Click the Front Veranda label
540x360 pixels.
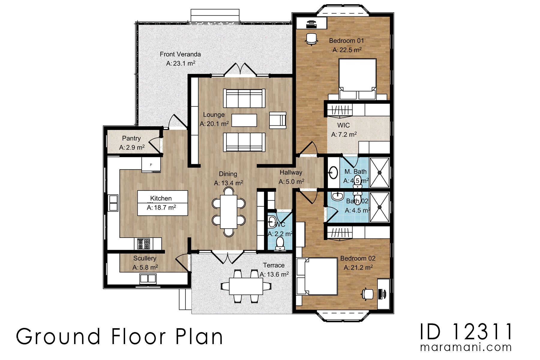(180, 54)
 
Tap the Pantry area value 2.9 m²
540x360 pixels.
(132, 147)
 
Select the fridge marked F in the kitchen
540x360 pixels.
(151, 165)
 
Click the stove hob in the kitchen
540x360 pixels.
(143, 244)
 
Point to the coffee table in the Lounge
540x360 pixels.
(244, 120)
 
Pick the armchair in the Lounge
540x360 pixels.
(277, 120)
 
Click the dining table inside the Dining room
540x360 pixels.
(229, 211)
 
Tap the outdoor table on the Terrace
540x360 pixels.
(246, 286)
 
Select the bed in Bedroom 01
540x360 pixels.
(357, 79)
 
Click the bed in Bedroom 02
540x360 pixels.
(318, 276)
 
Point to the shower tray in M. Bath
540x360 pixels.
(379, 172)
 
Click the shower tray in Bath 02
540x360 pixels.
(379, 207)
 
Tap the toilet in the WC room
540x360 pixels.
(280, 243)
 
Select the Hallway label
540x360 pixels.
(291, 172)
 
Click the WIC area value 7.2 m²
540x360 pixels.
(344, 135)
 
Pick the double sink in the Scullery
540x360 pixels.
(148, 279)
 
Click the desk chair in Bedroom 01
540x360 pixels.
(311, 39)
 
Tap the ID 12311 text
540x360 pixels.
(466, 332)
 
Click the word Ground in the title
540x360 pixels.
(58, 337)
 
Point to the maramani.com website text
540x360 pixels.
(466, 347)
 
